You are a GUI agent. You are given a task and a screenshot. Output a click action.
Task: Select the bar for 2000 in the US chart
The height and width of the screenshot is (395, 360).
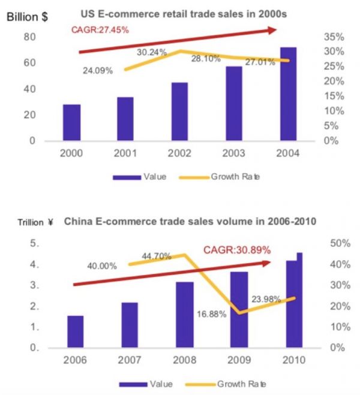(x=71, y=123)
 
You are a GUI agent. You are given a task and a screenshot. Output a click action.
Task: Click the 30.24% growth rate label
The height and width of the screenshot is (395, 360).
(x=152, y=52)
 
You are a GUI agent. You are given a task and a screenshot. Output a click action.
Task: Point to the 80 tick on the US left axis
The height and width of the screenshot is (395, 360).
(x=29, y=37)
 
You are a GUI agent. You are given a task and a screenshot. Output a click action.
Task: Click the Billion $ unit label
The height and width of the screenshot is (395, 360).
(x=27, y=16)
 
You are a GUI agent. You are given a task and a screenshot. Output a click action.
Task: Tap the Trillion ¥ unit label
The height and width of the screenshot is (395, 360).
(x=30, y=223)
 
